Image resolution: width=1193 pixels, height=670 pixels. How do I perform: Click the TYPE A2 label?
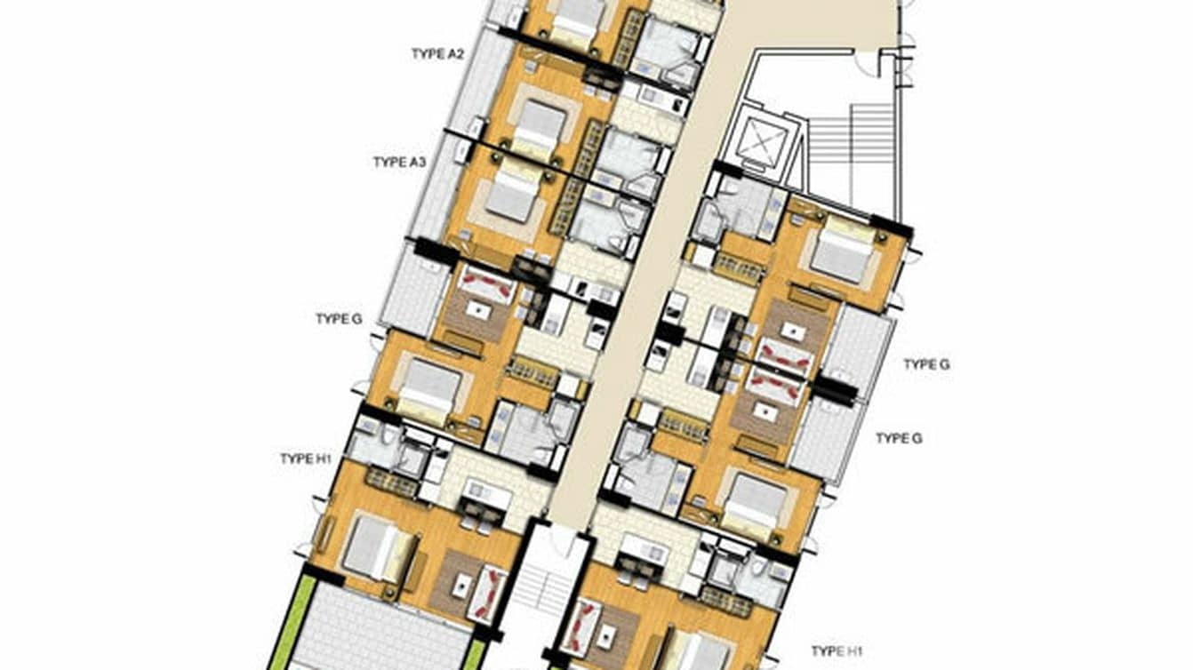437,54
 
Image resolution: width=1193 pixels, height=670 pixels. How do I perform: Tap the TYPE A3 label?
399,163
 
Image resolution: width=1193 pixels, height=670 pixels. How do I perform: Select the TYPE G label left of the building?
339,319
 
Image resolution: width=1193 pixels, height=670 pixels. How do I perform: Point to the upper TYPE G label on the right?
926,364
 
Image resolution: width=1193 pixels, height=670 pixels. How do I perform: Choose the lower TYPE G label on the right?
899,438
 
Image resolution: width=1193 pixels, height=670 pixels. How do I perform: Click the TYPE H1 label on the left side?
306,459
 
